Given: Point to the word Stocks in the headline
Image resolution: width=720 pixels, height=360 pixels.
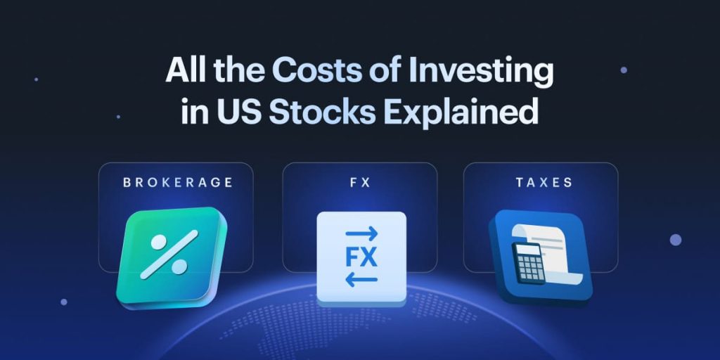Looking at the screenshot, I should tap(324, 112).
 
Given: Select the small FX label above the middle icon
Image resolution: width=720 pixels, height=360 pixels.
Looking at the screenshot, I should tap(359, 183).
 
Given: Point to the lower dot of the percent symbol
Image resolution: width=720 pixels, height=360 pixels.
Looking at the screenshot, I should tap(179, 266).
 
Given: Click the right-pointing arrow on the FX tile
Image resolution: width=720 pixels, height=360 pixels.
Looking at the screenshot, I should tap(361, 233).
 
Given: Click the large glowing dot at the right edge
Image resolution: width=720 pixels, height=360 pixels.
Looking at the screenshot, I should tap(676, 240).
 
